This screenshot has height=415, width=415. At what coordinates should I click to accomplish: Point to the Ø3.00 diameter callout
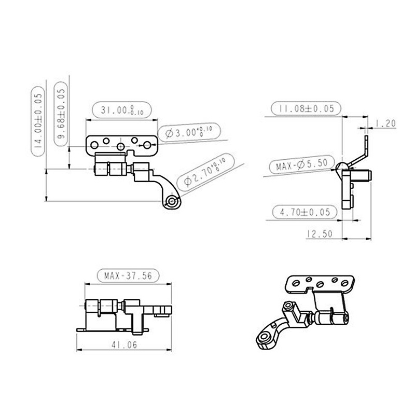click(189, 132)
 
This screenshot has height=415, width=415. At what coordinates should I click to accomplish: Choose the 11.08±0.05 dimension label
click(306, 109)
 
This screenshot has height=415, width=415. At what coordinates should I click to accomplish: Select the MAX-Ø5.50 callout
click(301, 167)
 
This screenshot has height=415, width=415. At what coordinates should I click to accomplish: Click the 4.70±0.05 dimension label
click(305, 212)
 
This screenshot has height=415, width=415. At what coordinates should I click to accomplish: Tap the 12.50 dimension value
click(319, 234)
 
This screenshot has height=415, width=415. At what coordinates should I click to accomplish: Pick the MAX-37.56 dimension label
click(128, 276)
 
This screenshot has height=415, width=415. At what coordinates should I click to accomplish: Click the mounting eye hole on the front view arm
click(172, 201)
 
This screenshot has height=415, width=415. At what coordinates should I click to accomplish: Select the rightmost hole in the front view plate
click(147, 143)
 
